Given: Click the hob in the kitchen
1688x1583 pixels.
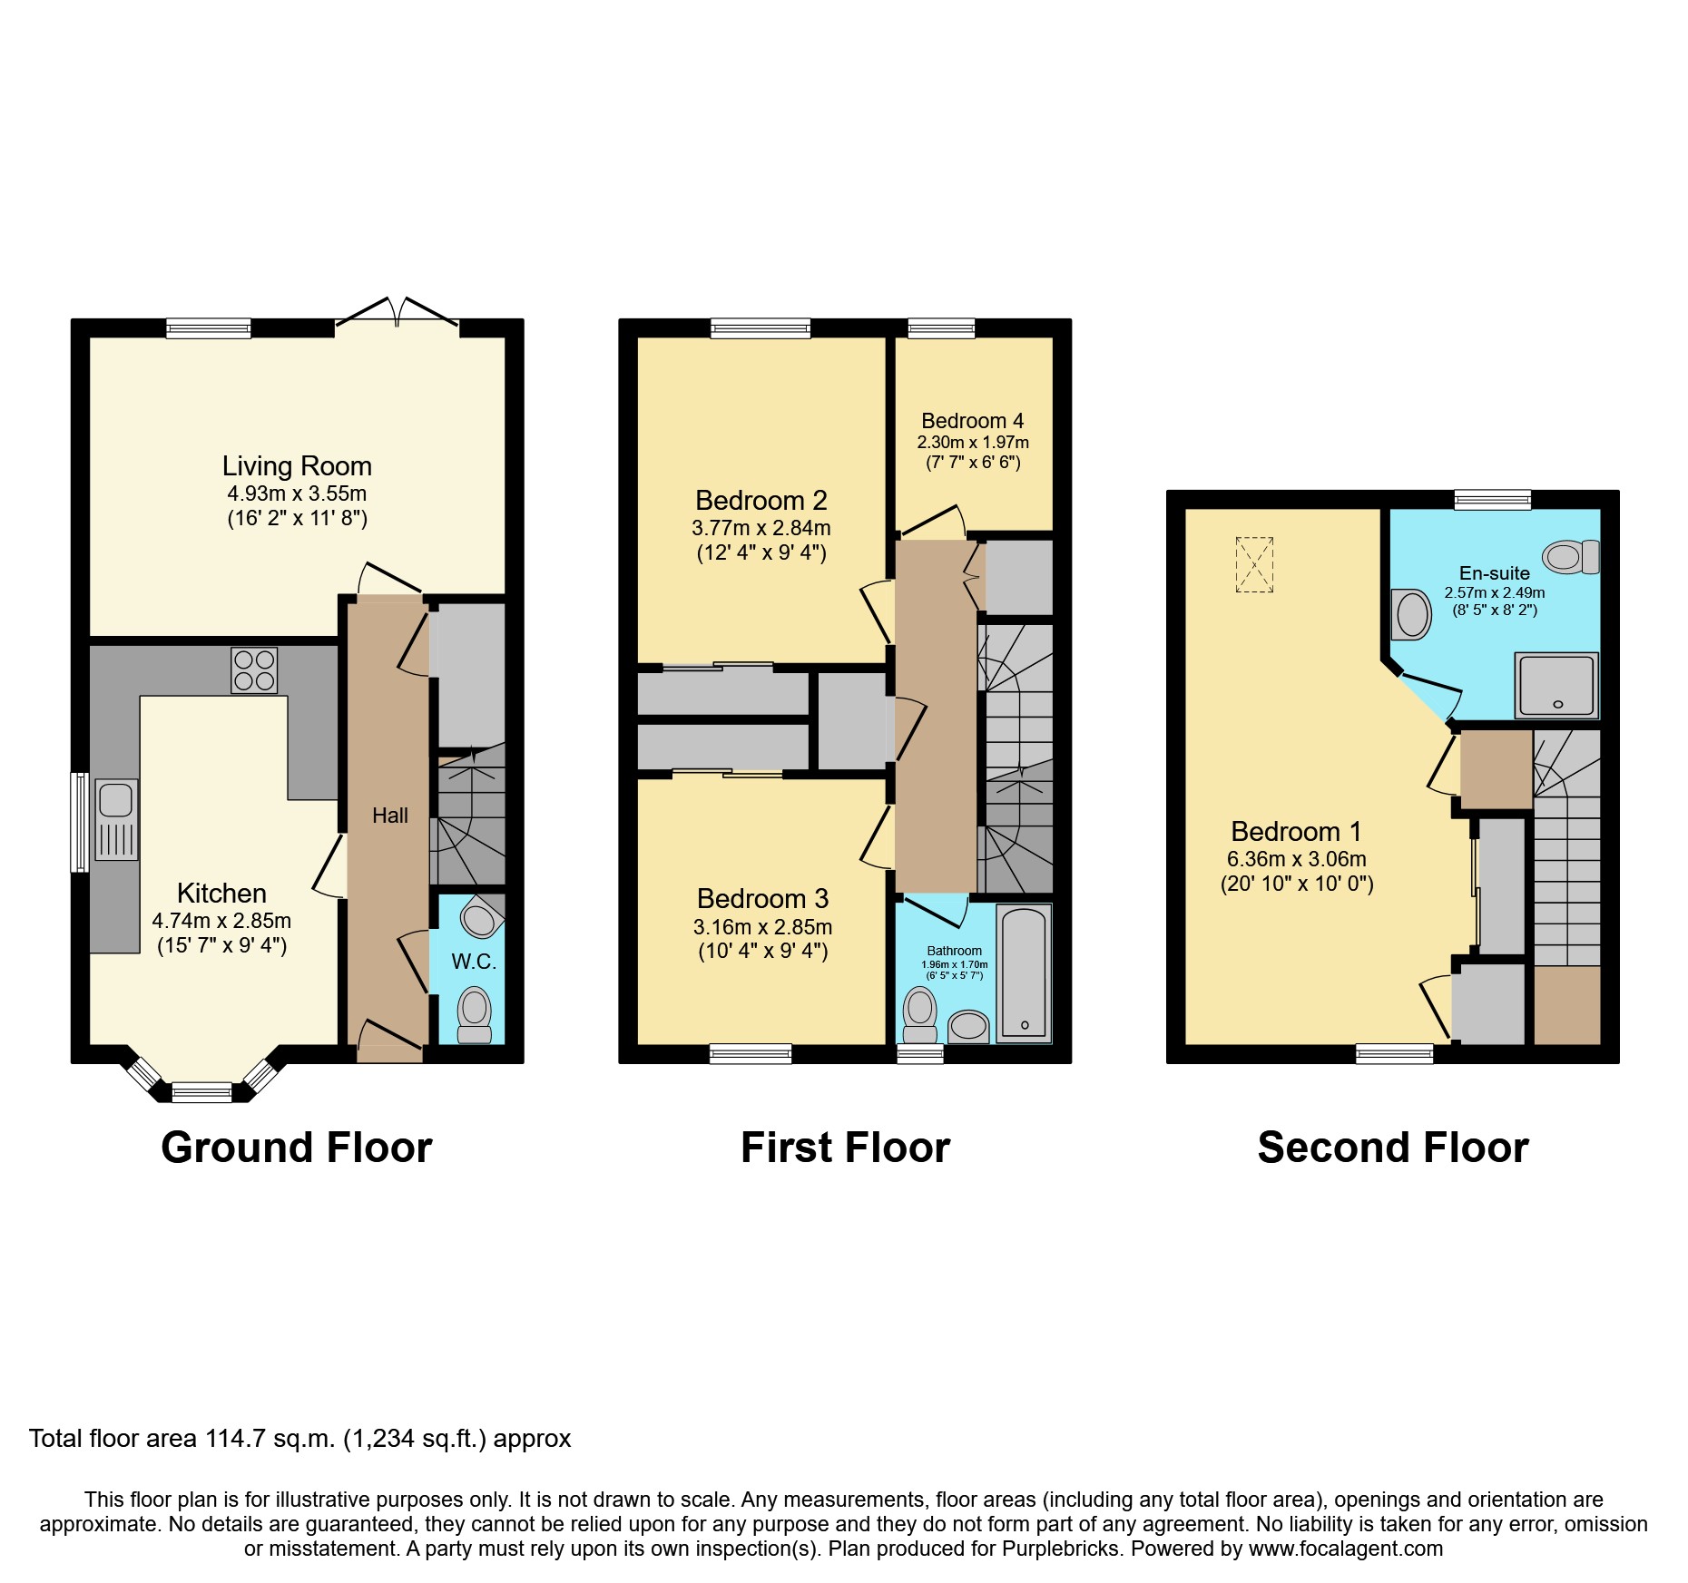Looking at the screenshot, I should pyautogui.click(x=254, y=670).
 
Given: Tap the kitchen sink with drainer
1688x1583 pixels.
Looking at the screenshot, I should pyautogui.click(x=116, y=819).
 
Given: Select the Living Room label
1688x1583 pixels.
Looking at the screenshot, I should pyautogui.click(x=297, y=466).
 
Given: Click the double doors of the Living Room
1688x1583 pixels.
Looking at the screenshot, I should pyautogui.click(x=397, y=313).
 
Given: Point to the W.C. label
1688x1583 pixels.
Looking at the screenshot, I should pyautogui.click(x=474, y=962).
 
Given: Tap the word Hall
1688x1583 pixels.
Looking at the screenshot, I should pyautogui.click(x=389, y=816).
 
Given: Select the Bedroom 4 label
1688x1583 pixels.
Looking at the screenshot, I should pyautogui.click(x=972, y=421).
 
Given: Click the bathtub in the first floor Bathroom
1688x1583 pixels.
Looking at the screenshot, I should pyautogui.click(x=1024, y=972).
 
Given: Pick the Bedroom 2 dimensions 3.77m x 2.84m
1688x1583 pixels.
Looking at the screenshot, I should pyautogui.click(x=761, y=528).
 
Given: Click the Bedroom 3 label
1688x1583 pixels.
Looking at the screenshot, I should pyautogui.click(x=762, y=899).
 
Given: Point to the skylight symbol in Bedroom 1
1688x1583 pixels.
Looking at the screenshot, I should pyautogui.click(x=1254, y=565).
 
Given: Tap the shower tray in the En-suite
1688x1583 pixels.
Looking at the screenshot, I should pyautogui.click(x=1556, y=686).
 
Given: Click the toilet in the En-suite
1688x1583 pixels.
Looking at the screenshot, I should pyautogui.click(x=1571, y=556).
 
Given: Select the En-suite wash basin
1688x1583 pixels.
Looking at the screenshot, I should pyautogui.click(x=1411, y=614).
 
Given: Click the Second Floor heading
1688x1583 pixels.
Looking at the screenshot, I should pyautogui.click(x=1392, y=1148).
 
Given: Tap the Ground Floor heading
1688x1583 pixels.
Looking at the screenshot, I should pyautogui.click(x=297, y=1148).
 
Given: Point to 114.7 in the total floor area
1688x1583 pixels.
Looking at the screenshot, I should pyautogui.click(x=238, y=1439).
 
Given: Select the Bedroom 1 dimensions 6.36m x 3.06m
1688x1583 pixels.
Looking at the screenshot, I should pyautogui.click(x=1296, y=859).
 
